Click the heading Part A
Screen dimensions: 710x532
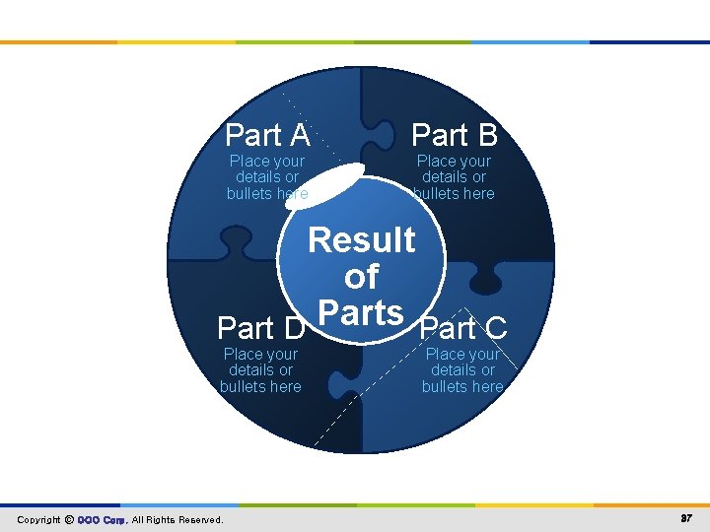267,134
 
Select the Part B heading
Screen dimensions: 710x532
454,134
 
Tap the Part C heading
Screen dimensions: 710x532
463,327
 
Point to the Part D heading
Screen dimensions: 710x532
260,327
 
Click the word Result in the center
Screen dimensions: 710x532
362,239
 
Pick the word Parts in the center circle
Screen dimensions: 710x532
362,312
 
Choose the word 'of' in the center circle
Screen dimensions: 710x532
362,277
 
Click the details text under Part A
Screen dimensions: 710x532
267,177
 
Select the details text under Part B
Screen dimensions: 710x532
454,177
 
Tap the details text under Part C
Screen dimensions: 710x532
462,370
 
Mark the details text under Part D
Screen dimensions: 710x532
260,370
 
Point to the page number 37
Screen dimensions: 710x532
685,518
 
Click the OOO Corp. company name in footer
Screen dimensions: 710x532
102,519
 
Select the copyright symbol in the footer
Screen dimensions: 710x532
69,519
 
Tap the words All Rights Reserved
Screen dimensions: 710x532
177,519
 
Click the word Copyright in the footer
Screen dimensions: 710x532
38,519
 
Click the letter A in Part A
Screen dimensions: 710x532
296,134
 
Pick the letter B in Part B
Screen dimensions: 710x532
484,134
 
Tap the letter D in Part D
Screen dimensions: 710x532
293,327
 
